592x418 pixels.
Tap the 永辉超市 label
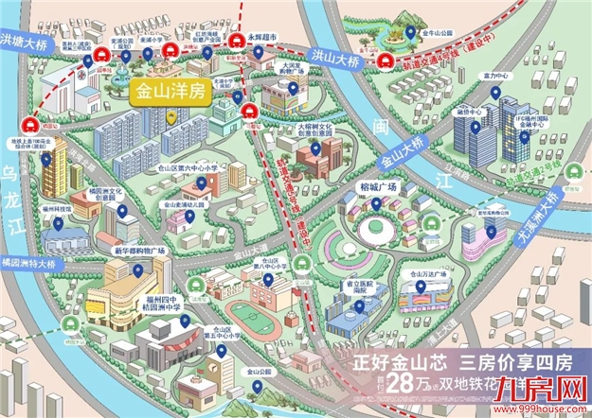point(261,39)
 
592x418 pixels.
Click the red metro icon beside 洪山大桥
point(388,62)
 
